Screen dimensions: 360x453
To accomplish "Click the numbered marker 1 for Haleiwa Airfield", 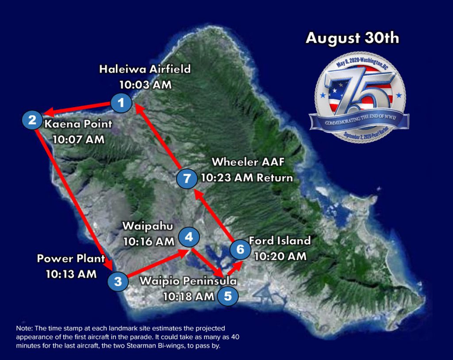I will coord(121,103).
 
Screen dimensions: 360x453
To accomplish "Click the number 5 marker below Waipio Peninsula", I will coord(227,296).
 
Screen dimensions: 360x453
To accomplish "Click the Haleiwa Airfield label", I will coord(145,70).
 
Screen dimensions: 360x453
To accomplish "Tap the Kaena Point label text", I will coord(78,124).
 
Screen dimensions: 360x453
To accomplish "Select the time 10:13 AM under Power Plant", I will coord(71,274).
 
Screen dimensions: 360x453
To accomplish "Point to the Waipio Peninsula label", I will coord(188,281).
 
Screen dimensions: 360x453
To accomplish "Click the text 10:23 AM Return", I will coord(247,178).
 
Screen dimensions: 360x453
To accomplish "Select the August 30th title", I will coord(352,38).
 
